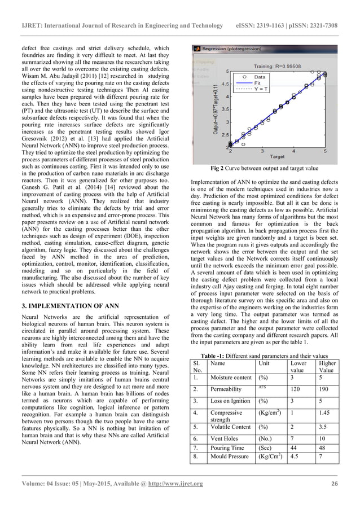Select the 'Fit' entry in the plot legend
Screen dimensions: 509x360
[260, 82]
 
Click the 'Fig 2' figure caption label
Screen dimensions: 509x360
[216, 168]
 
